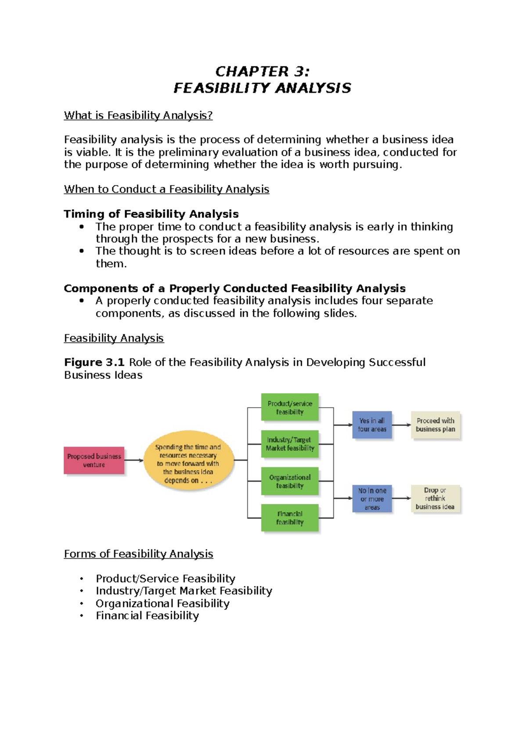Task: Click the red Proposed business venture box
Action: click(94, 460)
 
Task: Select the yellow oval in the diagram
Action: click(188, 460)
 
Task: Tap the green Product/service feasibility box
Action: click(289, 408)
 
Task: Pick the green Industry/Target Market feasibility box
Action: click(289, 444)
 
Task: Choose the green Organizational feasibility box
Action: click(289, 481)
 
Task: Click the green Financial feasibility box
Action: click(289, 518)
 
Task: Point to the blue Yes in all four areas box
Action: click(372, 425)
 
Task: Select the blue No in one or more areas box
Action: click(372, 498)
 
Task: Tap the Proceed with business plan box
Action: click(435, 425)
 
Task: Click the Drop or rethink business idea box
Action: click(435, 498)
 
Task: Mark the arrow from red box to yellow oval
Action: click(134, 460)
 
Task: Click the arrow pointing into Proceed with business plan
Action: click(401, 425)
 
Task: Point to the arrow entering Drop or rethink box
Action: click(401, 498)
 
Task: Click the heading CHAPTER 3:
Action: click(262, 71)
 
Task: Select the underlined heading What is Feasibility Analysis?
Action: click(138, 115)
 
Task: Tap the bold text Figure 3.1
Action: click(94, 362)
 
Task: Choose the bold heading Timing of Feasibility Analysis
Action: click(151, 214)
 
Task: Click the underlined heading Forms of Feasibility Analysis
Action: click(138, 554)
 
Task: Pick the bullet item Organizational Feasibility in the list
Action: click(162, 604)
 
